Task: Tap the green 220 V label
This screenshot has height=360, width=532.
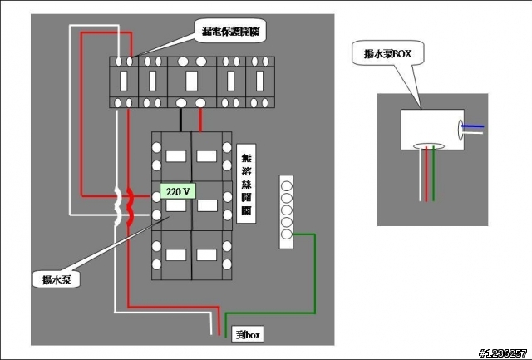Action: coord(178,192)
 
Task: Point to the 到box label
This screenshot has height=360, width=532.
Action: coord(248,336)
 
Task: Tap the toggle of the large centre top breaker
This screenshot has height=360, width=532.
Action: coord(191,81)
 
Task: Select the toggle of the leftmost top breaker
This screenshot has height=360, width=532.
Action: coord(124,81)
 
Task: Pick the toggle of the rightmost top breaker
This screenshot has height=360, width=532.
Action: coord(260,81)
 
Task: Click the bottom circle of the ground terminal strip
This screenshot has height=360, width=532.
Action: coord(286,235)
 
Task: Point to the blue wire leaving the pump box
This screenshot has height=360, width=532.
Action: coord(475,126)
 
